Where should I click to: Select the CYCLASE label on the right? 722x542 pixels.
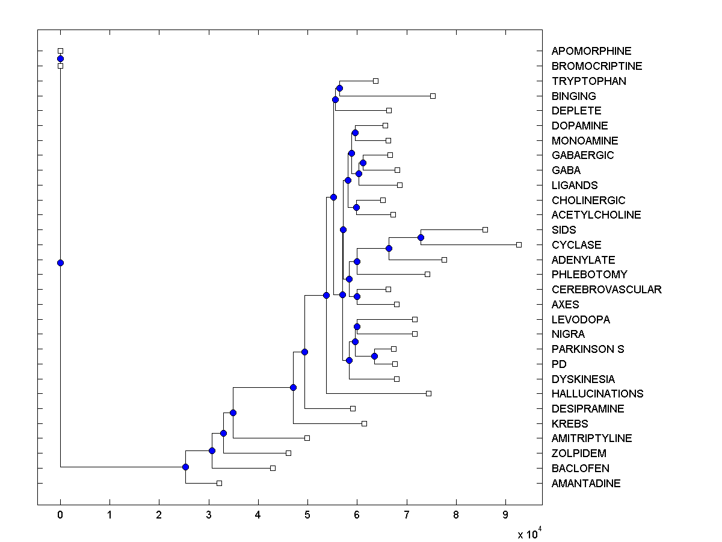(576, 245)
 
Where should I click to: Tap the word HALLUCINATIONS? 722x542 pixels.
(597, 394)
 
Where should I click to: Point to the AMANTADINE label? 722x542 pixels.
(586, 484)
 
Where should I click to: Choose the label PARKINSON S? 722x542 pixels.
(588, 349)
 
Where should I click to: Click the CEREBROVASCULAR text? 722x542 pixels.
(606, 290)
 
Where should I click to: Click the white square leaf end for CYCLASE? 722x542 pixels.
(519, 245)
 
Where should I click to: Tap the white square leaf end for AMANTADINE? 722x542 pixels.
(219, 483)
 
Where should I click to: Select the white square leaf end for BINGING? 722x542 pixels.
(433, 96)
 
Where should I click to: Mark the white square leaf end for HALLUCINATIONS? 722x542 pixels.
(428, 393)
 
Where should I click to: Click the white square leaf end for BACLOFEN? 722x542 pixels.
(273, 468)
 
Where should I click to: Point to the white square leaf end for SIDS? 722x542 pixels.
(485, 229)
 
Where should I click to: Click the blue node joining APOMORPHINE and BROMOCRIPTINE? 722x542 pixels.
(60, 58)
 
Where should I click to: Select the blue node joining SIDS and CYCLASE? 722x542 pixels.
(421, 237)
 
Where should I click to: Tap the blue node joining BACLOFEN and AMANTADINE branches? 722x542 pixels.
(185, 467)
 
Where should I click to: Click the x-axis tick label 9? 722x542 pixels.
(505, 516)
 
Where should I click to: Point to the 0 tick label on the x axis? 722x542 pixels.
(60, 516)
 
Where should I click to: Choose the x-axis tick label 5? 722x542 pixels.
(307, 516)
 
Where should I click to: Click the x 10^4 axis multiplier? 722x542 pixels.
(530, 534)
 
